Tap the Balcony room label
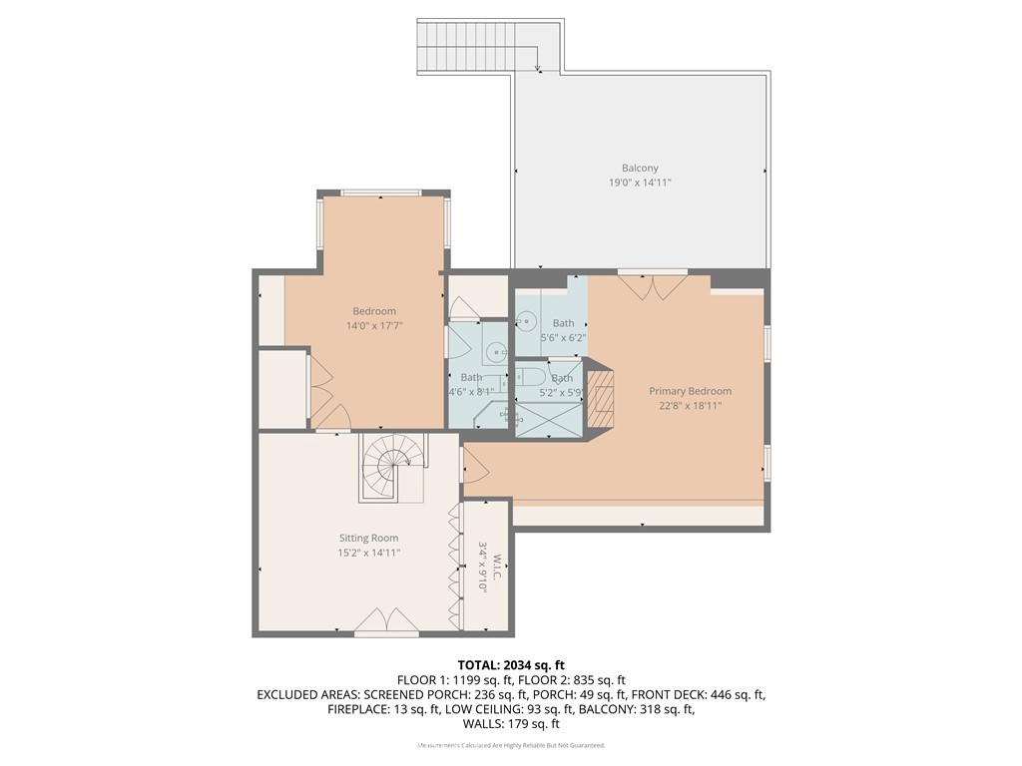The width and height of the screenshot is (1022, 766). point(640,169)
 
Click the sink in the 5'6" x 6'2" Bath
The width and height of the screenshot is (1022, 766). point(527,322)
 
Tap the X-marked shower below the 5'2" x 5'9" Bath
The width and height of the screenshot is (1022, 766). point(548,421)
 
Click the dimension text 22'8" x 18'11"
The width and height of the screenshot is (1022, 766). point(690,406)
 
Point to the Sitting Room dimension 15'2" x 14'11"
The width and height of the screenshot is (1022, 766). point(369,552)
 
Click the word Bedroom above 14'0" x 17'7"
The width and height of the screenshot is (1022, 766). point(374,311)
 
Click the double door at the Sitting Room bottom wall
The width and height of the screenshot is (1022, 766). point(387,621)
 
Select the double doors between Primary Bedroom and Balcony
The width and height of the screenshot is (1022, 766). point(652,285)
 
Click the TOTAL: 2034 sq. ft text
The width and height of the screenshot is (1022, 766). point(511,664)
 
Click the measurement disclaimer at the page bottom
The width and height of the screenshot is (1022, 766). point(511,745)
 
